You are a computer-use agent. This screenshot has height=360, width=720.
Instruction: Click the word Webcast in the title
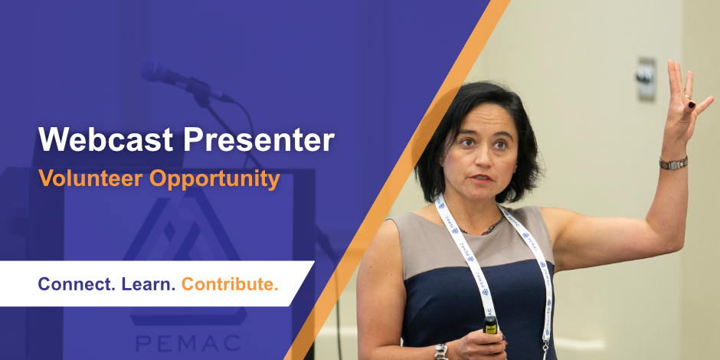pos(106,139)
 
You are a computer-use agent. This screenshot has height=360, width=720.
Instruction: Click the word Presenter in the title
pos(259,139)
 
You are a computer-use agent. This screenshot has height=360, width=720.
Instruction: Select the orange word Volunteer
pos(90,178)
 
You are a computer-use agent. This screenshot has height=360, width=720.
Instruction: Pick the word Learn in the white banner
pos(149,284)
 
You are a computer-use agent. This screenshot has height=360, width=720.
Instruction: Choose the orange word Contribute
pos(230,284)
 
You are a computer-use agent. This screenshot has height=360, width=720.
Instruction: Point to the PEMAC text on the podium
pos(188,343)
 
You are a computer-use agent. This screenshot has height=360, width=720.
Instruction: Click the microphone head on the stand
pos(159,74)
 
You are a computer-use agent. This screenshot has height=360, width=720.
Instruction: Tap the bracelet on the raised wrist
pos(673,163)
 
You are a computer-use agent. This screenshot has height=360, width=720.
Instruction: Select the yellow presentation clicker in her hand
pos(490,324)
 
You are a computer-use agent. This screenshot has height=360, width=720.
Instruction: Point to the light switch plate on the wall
pos(646,79)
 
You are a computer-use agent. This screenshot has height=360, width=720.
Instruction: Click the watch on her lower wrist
pos(442,352)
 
